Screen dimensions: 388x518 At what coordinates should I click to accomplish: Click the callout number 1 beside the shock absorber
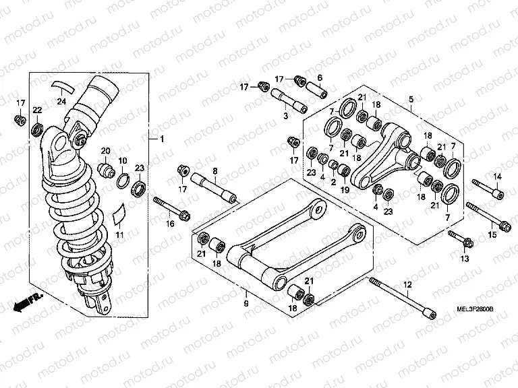[161, 139]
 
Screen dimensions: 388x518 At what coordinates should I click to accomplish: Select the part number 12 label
[407, 286]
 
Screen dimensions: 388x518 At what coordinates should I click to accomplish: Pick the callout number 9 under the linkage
[246, 304]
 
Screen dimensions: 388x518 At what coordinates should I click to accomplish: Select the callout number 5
[411, 100]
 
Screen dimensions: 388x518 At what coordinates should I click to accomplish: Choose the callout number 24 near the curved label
[61, 102]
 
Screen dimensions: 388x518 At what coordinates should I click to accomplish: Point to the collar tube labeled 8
[214, 189]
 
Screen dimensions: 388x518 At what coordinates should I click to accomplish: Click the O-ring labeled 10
[123, 180]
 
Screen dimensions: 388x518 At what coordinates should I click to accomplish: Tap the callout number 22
[38, 110]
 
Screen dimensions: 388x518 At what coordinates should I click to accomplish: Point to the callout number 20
[105, 150]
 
